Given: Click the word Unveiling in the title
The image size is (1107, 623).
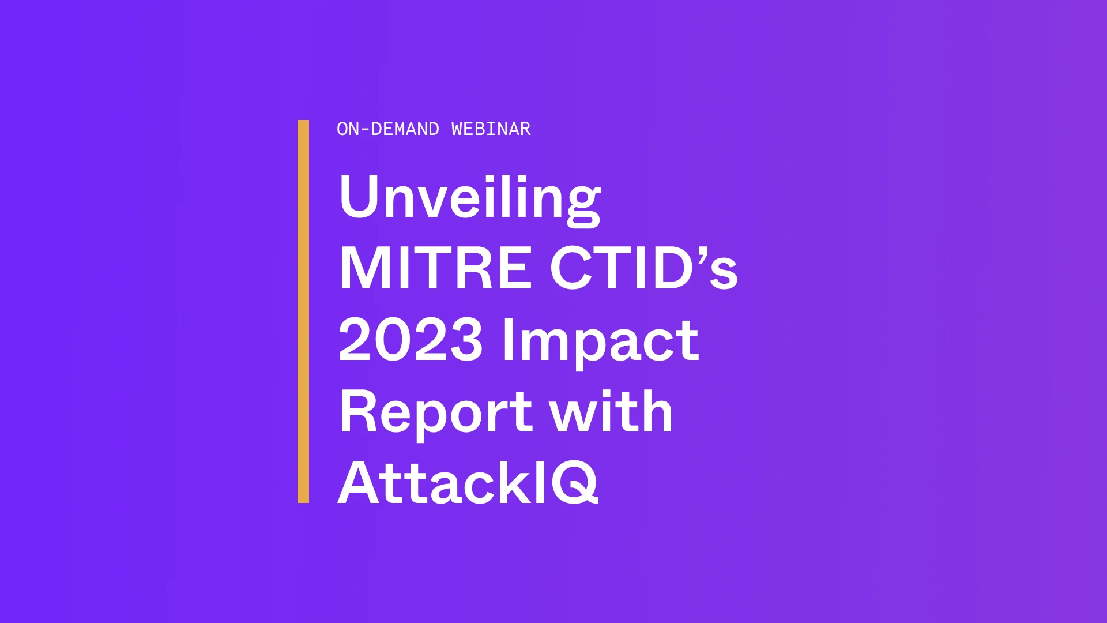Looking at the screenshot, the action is [x=470, y=200].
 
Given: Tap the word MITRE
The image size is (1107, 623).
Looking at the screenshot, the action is [x=435, y=268].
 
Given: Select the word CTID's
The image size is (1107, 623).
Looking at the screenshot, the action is [x=644, y=268].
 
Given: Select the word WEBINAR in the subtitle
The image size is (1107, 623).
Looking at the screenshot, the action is [x=491, y=129].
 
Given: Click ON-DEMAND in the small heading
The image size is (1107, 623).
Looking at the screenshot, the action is [x=388, y=129].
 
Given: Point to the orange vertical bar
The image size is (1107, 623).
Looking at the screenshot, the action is [x=303, y=311].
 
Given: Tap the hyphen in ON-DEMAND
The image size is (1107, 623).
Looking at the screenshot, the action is [x=365, y=130].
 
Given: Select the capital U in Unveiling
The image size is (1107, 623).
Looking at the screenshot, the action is [x=359, y=196].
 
